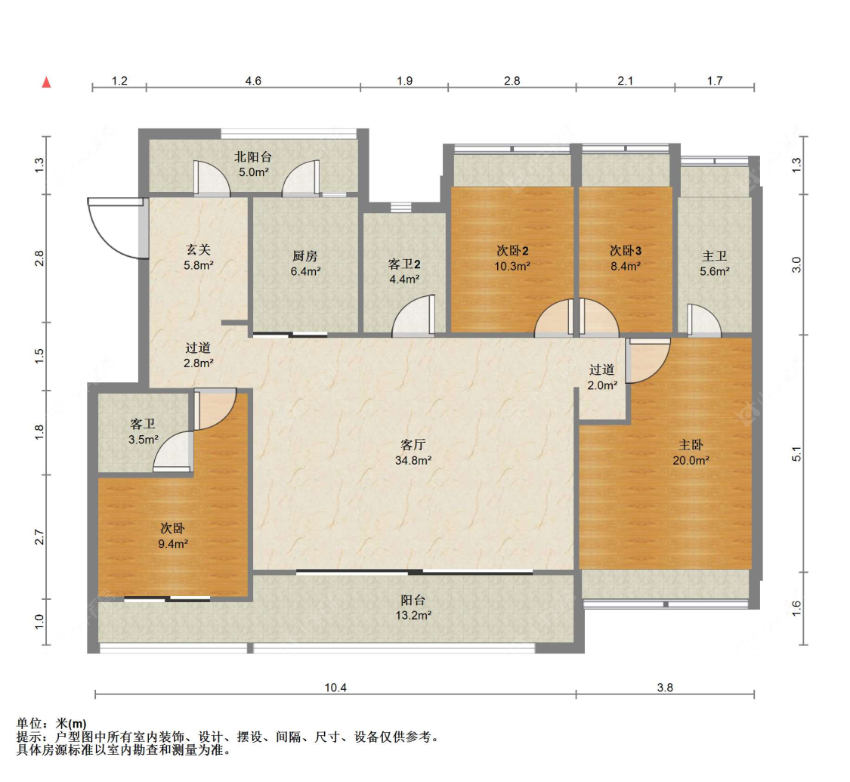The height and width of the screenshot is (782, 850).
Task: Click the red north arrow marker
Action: click(x=47, y=82)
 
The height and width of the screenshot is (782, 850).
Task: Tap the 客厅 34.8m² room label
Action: click(x=413, y=453)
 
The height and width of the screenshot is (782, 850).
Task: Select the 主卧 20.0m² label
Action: click(x=691, y=453)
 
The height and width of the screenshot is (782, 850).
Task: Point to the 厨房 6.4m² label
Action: click(x=305, y=264)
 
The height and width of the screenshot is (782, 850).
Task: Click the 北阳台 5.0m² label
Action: click(x=253, y=164)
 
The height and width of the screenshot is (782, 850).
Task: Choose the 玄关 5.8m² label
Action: click(x=198, y=258)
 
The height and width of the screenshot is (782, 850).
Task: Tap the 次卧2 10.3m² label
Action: click(x=512, y=258)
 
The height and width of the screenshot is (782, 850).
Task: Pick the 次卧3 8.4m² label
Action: click(x=626, y=258)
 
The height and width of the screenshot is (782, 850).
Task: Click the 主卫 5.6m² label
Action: click(x=715, y=264)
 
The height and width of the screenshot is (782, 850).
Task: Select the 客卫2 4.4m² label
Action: click(x=404, y=271)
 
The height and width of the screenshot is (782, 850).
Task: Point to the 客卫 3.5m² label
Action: click(x=143, y=431)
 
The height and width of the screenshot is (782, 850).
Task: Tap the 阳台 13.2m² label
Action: click(x=413, y=607)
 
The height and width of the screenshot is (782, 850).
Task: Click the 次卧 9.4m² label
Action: click(x=173, y=536)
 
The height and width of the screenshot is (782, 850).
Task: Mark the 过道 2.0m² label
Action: click(x=601, y=377)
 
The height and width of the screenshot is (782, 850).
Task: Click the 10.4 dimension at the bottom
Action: click(x=335, y=688)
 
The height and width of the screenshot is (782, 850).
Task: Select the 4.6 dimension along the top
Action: click(x=253, y=81)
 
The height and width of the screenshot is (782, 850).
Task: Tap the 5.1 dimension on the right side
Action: click(x=796, y=454)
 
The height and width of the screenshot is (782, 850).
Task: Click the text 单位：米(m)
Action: click(x=51, y=724)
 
